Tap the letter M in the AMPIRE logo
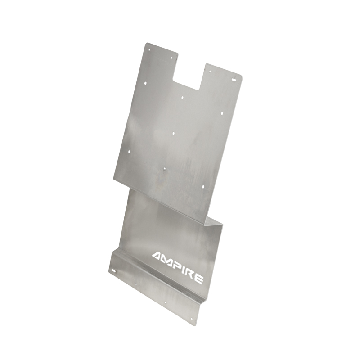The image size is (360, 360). click(x=170, y=261)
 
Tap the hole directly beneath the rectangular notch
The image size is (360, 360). click(x=182, y=97)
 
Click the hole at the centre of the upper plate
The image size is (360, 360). click(x=174, y=134)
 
